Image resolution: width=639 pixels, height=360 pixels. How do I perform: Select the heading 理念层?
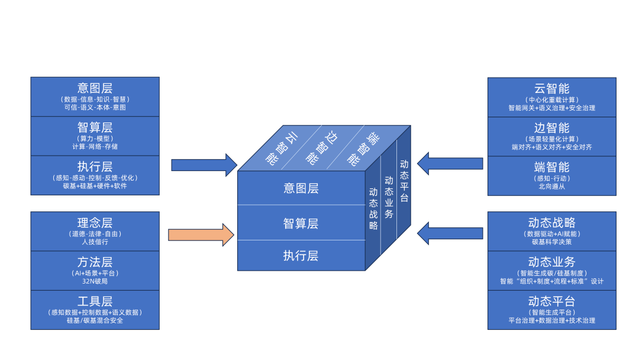pos(95,223)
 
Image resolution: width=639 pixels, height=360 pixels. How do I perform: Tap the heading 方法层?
pos(95,262)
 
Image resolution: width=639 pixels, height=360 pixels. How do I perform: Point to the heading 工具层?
pos(95,301)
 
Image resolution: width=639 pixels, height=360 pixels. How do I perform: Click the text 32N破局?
pos(95,281)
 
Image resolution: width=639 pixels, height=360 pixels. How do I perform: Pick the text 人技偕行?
pos(95,242)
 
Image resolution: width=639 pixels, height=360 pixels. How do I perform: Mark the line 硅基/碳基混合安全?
pos(95,320)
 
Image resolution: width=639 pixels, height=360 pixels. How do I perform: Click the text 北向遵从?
pos(551,186)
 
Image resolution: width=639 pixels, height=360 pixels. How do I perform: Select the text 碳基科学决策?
pos(551,242)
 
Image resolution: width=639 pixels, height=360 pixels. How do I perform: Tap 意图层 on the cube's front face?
pos(301,188)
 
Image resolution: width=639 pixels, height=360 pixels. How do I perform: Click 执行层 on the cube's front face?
pos(301,256)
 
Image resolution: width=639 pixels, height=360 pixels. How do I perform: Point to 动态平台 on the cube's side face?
pos(404,181)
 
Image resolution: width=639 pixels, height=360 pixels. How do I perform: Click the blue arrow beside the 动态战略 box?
pos(450,233)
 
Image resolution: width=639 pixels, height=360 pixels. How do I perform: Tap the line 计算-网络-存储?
pos(95,146)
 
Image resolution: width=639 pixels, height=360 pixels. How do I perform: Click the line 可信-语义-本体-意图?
pos(95,107)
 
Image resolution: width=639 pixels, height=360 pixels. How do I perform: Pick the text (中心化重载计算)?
pos(551,99)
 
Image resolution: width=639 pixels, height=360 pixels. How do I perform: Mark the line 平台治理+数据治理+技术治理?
pos(551,320)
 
